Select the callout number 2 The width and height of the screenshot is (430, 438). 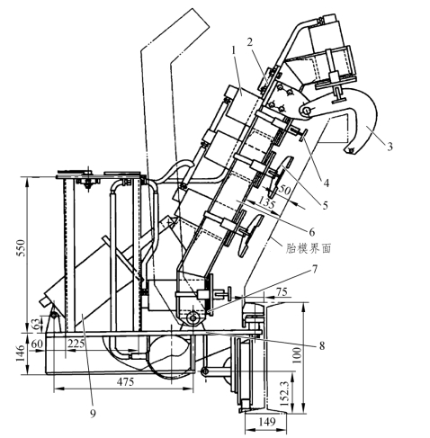(250, 42)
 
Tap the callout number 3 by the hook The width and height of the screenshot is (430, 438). (390, 147)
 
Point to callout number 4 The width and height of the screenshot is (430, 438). (327, 183)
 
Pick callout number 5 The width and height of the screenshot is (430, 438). (325, 205)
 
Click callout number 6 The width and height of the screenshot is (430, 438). (312, 231)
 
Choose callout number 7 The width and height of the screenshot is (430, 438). (314, 270)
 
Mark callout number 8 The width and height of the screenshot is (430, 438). (322, 345)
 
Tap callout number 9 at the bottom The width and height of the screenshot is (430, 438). (93, 414)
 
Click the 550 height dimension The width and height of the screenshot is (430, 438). (21, 247)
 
